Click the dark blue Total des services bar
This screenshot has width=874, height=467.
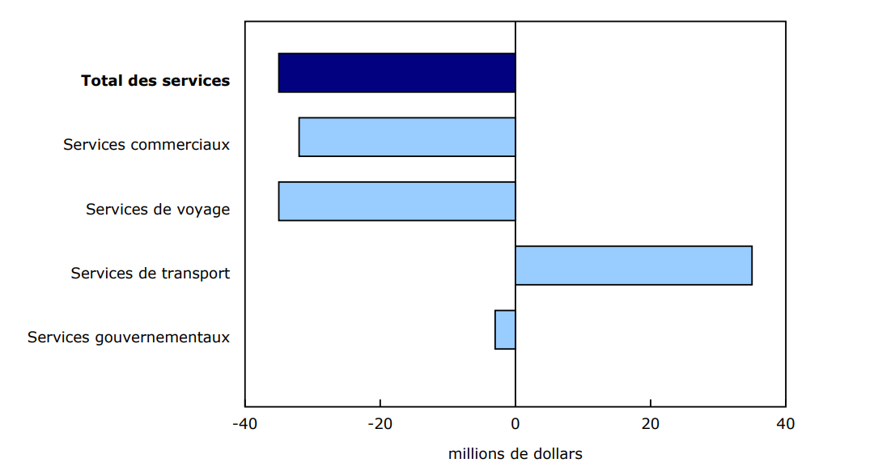tap(397, 73)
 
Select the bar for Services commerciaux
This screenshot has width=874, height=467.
tap(407, 137)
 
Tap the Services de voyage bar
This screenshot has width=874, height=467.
tap(397, 201)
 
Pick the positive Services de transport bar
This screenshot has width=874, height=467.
tap(634, 265)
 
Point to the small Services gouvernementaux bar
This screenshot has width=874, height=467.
tap(505, 329)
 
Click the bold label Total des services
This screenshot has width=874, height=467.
tap(155, 80)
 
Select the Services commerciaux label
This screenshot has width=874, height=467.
tap(146, 145)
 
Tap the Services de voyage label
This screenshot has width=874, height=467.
tap(158, 209)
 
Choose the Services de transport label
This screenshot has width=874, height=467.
tap(151, 273)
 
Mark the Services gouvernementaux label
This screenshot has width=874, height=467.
tap(129, 337)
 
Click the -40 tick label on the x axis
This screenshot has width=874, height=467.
tap(244, 424)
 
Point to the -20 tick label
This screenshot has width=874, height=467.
tap(380, 424)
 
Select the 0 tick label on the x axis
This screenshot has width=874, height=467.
tap(515, 424)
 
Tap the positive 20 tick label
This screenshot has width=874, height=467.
tap(650, 424)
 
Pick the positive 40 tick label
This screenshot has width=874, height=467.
tap(785, 424)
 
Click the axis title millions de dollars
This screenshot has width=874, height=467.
tap(515, 453)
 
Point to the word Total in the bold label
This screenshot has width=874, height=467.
tap(101, 80)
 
